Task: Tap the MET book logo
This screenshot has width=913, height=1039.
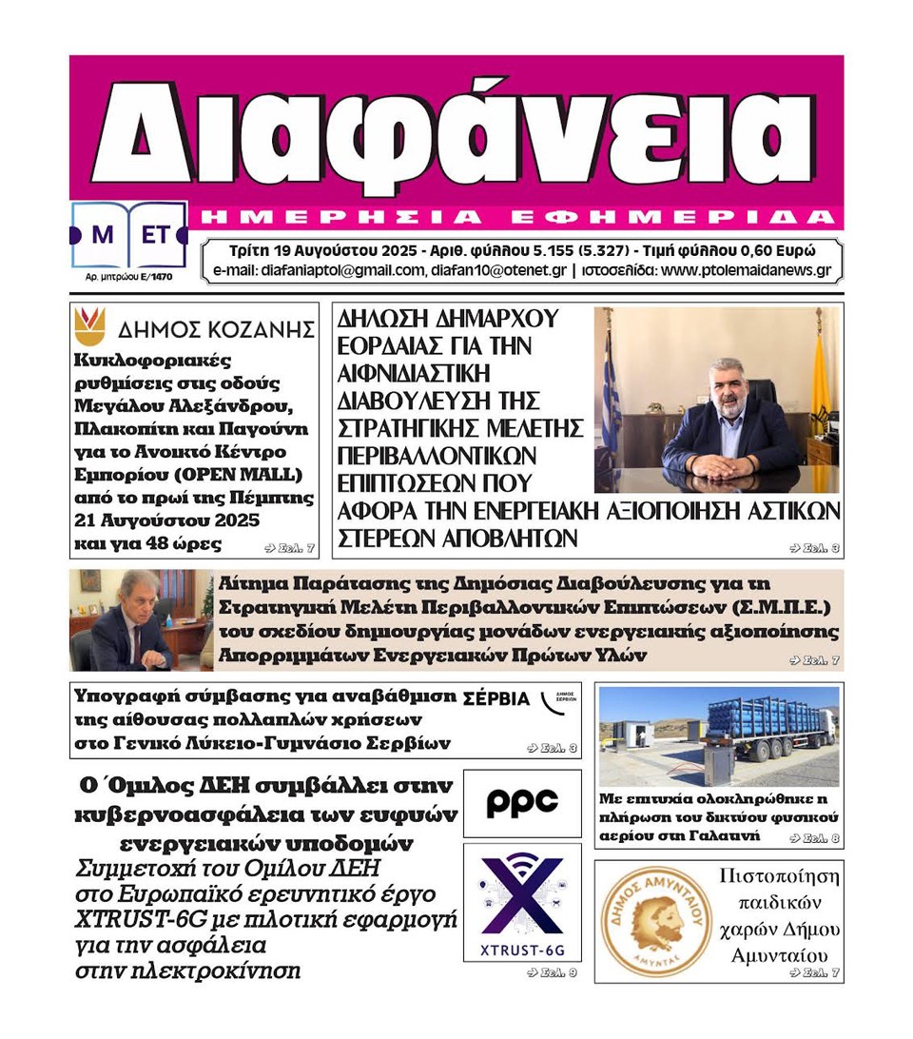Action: tap(128, 234)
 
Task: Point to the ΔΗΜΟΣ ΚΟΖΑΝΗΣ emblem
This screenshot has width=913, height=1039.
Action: tap(90, 326)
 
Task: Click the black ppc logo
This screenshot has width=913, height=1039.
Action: tap(521, 803)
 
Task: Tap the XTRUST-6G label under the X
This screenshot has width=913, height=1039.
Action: tap(521, 947)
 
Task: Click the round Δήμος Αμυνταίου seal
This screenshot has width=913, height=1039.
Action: tap(656, 921)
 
